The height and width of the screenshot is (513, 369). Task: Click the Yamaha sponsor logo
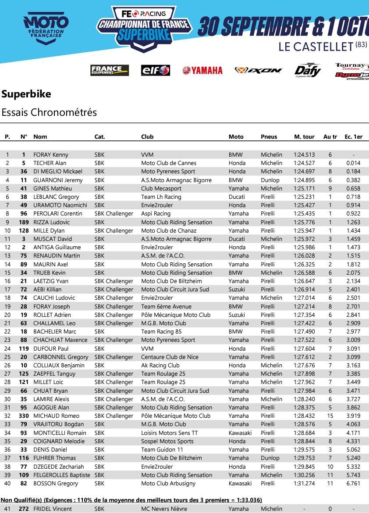pos(202,70)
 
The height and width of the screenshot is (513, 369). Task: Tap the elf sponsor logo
pos(155,70)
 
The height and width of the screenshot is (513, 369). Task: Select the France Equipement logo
pos(110,70)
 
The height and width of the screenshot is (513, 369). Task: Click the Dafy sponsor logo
pos(307,70)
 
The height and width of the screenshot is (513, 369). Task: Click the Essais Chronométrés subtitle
pos(49,112)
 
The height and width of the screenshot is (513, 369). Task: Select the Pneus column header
pos(269,136)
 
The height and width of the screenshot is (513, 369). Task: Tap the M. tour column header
pos(304,136)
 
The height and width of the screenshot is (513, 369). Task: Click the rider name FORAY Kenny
pos(51,154)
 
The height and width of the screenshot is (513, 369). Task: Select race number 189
pos(23,222)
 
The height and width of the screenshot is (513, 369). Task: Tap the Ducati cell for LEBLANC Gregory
pos(237,197)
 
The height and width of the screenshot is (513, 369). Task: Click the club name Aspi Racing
pos(156,214)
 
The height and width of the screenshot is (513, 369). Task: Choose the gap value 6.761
pos(353,483)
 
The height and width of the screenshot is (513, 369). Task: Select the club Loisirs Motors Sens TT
pos(169,433)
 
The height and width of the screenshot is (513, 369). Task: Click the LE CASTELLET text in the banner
pos(316,47)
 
